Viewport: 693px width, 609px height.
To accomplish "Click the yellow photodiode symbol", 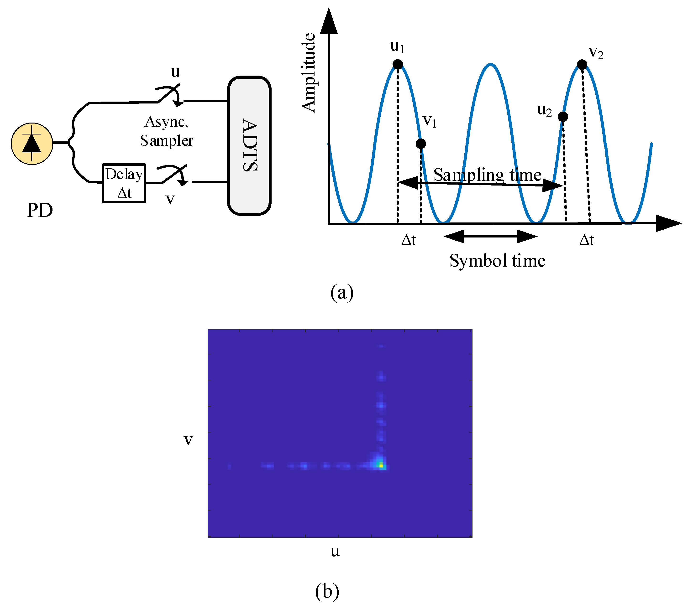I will click(32, 144).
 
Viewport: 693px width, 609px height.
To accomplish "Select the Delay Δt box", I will click(124, 183).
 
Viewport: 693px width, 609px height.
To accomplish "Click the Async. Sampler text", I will click(167, 131).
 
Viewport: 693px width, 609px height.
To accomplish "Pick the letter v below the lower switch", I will click(170, 199).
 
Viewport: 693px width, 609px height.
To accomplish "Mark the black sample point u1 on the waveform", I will click(398, 64).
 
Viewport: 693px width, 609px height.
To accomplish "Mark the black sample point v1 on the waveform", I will click(421, 144).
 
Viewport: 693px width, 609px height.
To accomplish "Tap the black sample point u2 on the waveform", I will click(563, 117).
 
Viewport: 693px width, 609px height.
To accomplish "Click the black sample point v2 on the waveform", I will click(582, 64).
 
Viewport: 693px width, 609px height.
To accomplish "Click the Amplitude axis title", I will click(309, 72).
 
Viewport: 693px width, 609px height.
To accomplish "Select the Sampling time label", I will click(487, 175).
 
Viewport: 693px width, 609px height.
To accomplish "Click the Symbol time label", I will click(497, 261).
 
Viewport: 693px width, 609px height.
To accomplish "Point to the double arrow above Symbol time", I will click(490, 236).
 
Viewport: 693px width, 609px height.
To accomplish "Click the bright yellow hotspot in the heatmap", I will click(381, 466).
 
